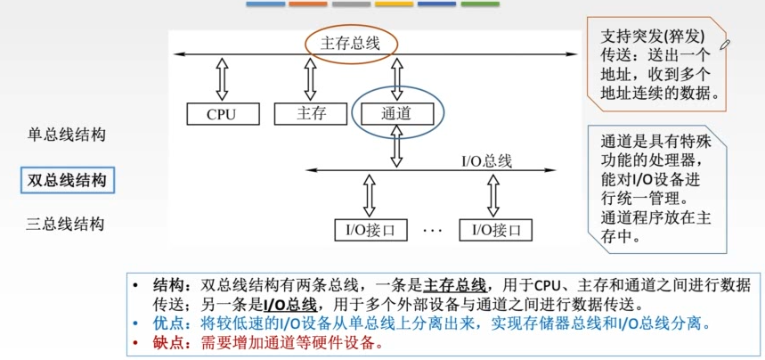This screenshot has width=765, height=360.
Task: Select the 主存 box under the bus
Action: tap(311, 114)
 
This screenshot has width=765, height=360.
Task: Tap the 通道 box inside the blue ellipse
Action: tap(397, 114)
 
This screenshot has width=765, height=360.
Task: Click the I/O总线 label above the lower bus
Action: tap(486, 160)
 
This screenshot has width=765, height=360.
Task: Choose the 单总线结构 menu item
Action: tap(67, 135)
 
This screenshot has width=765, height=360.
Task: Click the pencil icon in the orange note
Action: tap(725, 43)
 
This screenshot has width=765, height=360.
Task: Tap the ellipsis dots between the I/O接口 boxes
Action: tap(433, 232)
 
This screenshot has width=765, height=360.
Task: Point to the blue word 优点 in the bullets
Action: tap(168, 323)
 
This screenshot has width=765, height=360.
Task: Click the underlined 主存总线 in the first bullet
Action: tap(454, 285)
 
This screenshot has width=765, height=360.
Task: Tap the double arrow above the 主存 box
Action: tap(310, 80)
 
